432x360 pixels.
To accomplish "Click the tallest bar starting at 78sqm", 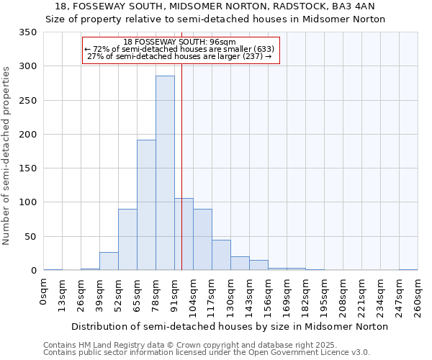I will [x=165, y=173].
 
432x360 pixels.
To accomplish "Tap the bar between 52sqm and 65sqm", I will [x=127, y=240].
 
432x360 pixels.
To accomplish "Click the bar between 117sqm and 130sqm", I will [x=221, y=255].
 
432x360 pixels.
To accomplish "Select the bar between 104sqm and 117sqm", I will [x=202, y=240].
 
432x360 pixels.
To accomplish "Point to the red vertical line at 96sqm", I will [x=181, y=166].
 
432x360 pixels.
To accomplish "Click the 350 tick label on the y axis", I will [x=27, y=32].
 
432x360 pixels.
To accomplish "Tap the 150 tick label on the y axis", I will [x=27, y=168].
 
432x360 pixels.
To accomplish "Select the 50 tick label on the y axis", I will [x=30, y=236].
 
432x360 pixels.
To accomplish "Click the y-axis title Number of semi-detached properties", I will [x=6, y=155].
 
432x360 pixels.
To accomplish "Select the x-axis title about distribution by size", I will [x=230, y=326].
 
